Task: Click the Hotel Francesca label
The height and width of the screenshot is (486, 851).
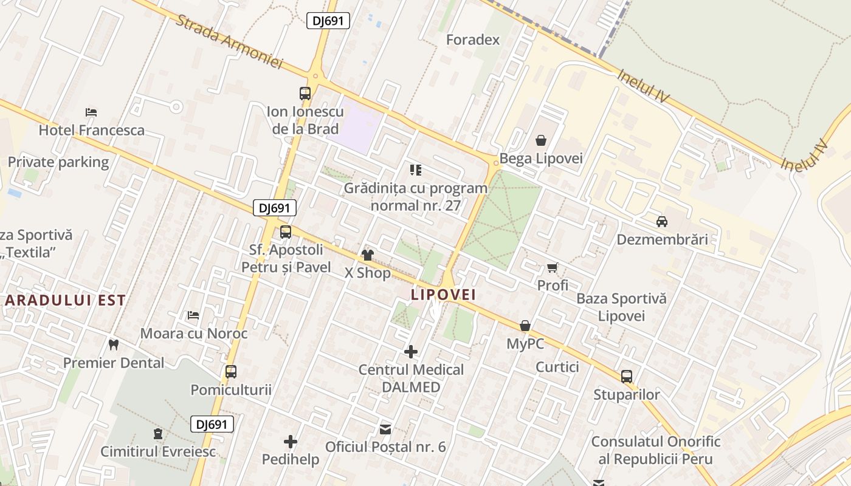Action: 92,130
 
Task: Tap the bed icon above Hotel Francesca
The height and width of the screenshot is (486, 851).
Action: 91,112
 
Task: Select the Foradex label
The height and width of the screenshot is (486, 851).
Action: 473,40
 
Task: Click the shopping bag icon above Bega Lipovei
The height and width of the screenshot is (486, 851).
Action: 541,140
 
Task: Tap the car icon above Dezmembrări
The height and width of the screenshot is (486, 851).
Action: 662,222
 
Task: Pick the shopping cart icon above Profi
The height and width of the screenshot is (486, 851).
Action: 553,267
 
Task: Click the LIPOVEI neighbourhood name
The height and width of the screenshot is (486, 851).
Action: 443,295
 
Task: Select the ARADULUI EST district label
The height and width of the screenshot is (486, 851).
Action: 66,300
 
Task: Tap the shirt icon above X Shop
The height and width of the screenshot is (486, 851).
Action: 368,255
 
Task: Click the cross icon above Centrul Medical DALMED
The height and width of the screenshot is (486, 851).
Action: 411,352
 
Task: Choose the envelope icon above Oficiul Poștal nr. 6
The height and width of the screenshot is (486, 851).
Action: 385,430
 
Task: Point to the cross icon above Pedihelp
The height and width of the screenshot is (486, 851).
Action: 291,442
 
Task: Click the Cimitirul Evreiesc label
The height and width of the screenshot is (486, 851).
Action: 158,451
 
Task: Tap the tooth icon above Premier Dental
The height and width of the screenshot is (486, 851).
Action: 113,345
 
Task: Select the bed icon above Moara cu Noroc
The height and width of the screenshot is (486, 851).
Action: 193,315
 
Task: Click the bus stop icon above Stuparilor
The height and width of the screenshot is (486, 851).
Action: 627,377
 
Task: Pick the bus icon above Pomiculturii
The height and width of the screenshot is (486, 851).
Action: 231,372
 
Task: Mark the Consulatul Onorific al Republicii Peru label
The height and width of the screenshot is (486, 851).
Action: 656,450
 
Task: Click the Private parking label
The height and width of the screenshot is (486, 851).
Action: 58,162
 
